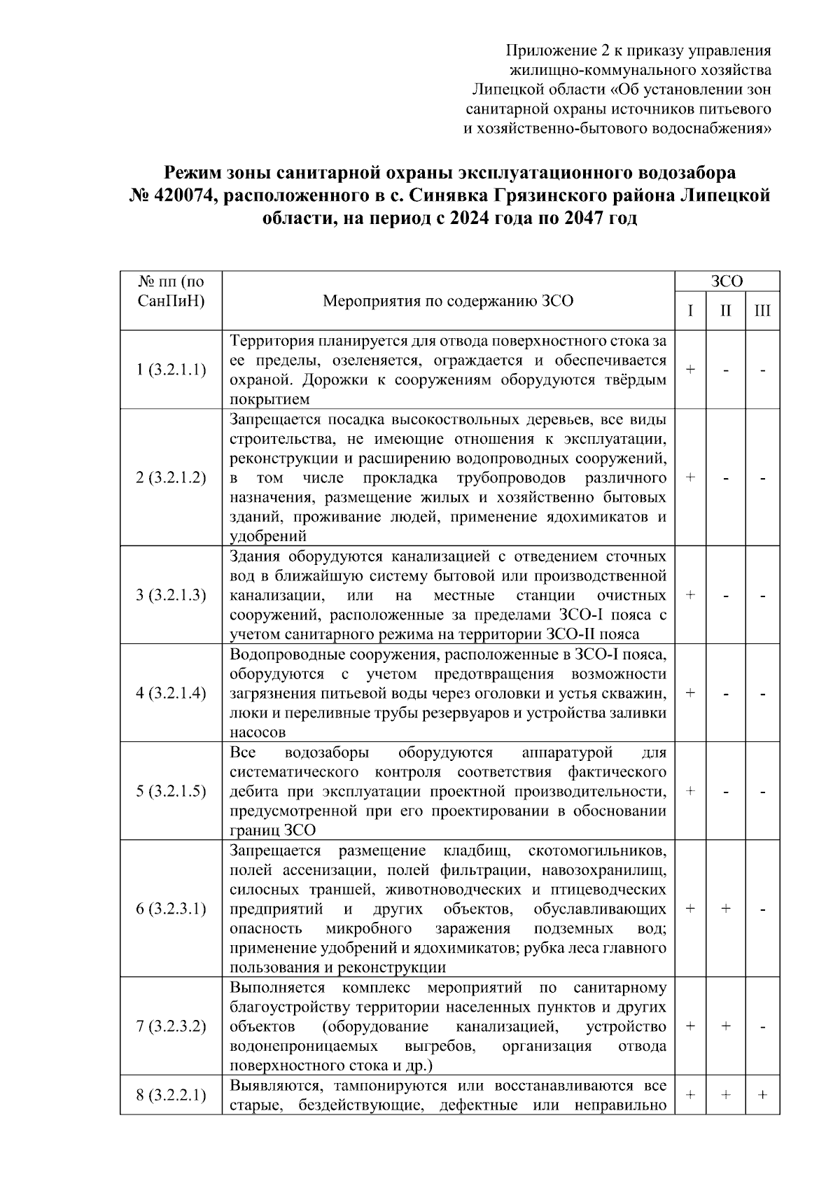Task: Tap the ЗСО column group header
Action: (x=727, y=281)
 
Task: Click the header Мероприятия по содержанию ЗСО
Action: (x=448, y=301)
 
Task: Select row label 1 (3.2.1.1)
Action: (x=171, y=369)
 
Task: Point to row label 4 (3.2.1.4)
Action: (x=171, y=692)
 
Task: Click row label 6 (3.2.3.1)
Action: (x=171, y=908)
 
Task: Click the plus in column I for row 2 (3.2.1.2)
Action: (x=690, y=477)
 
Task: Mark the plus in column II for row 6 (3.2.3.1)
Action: (x=726, y=908)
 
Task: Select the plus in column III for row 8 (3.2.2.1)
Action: (x=762, y=1095)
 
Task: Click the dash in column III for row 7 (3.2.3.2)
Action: (x=762, y=1026)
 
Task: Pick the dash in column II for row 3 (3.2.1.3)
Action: (x=726, y=595)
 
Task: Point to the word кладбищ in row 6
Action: (x=474, y=851)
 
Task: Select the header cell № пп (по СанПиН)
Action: (x=171, y=292)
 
